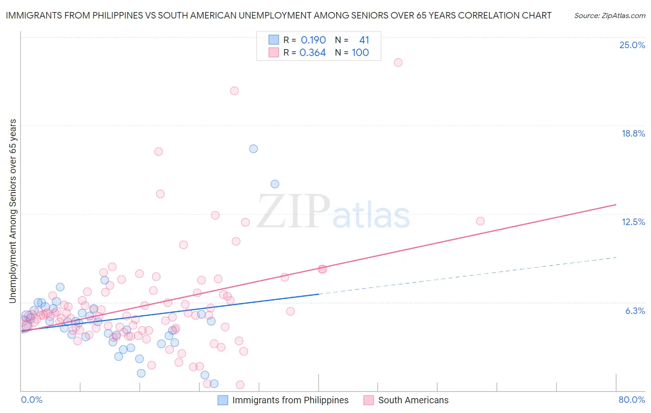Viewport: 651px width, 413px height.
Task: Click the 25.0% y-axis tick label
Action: click(x=632, y=45)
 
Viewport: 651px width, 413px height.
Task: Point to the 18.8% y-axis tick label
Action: click(x=633, y=133)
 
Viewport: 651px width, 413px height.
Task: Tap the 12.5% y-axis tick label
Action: click(x=633, y=222)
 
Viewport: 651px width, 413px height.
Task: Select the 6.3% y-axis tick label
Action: click(x=635, y=311)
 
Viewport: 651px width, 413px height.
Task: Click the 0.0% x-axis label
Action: click(x=32, y=400)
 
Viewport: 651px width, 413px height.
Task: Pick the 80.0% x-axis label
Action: click(x=632, y=400)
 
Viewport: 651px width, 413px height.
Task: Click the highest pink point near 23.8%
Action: click(x=398, y=63)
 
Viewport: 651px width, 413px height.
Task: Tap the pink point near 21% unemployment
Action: click(x=234, y=91)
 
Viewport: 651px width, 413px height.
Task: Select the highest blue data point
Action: click(x=253, y=149)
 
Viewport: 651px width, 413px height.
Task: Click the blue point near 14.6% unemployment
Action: click(x=275, y=184)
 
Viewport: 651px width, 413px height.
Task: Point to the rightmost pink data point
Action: click(x=480, y=221)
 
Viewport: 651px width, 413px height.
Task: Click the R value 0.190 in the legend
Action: click(x=313, y=40)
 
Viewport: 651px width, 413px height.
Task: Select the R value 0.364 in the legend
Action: click(x=313, y=53)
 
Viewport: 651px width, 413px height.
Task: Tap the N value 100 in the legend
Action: click(x=360, y=53)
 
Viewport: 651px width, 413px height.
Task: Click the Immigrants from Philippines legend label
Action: click(x=290, y=400)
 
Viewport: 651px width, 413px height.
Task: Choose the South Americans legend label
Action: click(x=413, y=400)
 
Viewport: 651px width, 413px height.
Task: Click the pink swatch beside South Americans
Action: click(x=369, y=400)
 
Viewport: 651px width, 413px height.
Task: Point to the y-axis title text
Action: click(x=13, y=211)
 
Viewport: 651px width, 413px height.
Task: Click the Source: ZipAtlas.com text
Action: click(x=609, y=16)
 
